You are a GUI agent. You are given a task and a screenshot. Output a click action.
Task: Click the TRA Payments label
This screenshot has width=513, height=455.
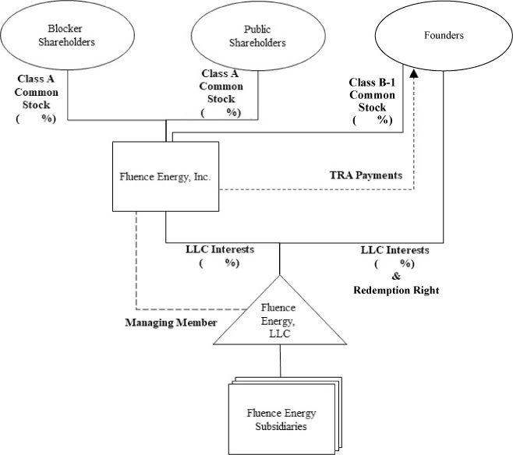tap(365, 175)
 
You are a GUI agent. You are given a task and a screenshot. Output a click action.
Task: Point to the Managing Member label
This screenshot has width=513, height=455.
tap(171, 322)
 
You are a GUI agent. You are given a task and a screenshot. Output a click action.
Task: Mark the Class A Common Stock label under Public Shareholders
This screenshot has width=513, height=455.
tap(221, 93)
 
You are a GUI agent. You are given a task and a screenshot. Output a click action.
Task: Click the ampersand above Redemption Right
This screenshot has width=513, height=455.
tap(395, 277)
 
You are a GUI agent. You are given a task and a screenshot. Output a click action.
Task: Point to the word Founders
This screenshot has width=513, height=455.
tap(445, 35)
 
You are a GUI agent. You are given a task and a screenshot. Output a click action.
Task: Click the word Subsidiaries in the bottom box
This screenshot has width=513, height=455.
tap(281, 425)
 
